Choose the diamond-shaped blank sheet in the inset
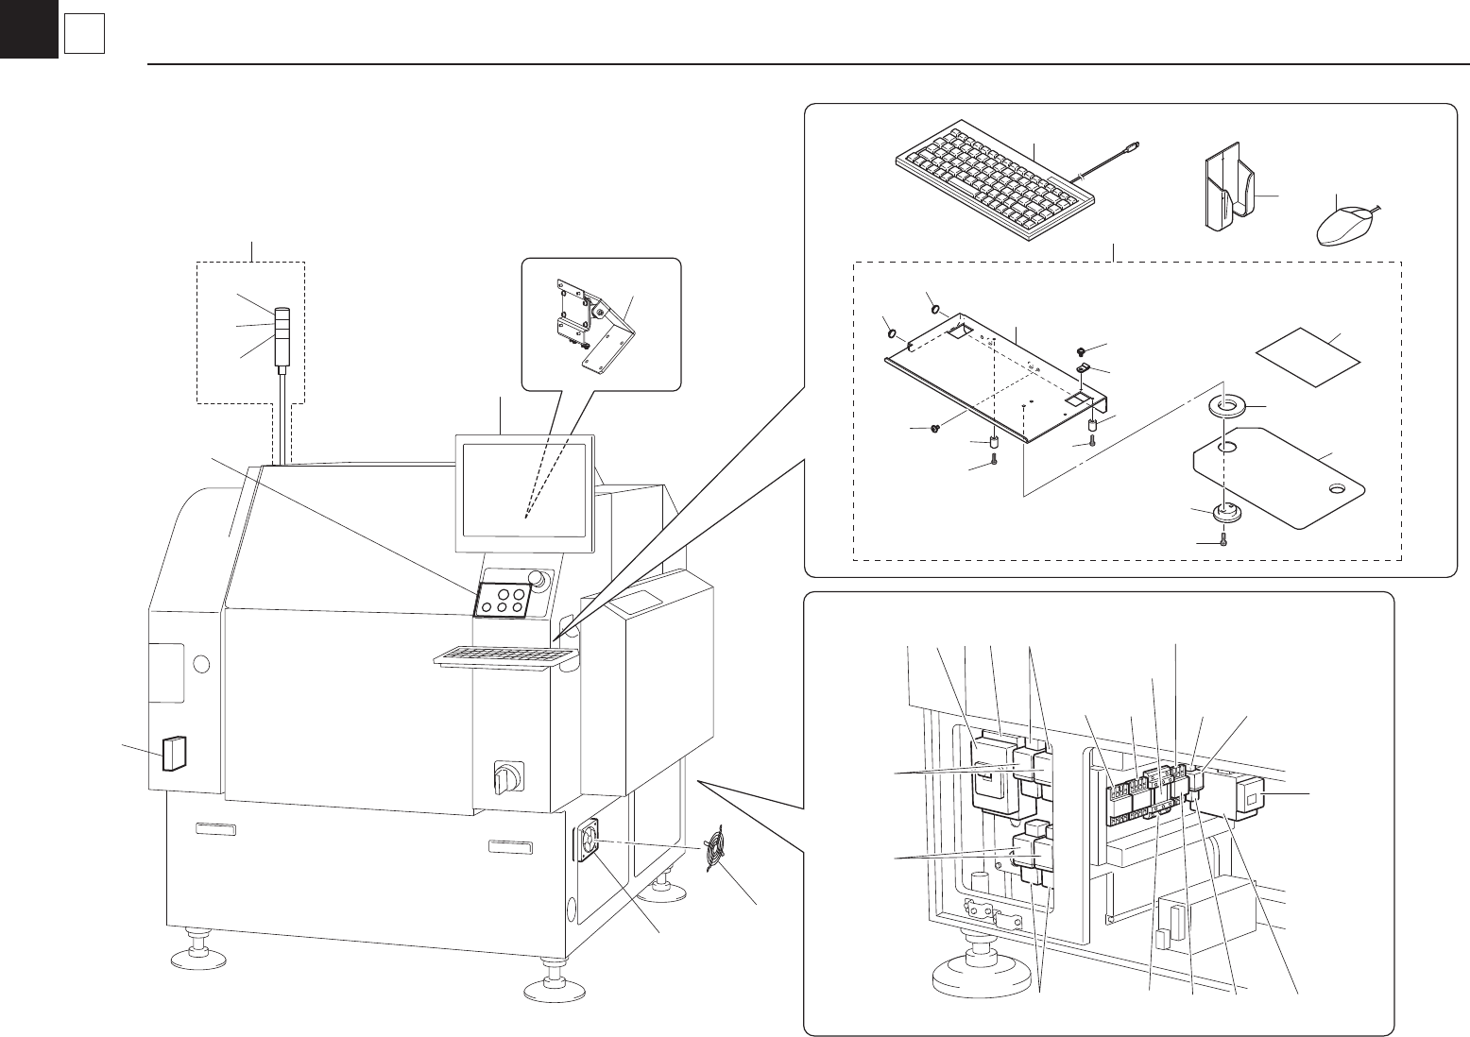coord(1308,356)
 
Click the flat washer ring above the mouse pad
coord(1228,407)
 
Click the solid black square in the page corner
coord(28,28)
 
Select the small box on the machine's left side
coord(174,753)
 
